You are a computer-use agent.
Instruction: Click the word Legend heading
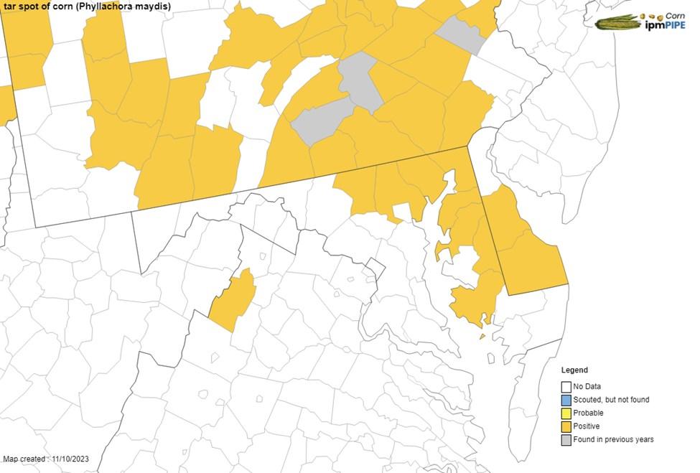(574, 370)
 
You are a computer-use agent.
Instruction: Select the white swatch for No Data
(566, 387)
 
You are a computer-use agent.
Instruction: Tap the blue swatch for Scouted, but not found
(566, 400)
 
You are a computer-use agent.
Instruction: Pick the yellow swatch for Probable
(566, 413)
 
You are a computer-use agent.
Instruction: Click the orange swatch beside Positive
(566, 426)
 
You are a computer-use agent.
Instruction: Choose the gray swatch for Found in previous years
(566, 439)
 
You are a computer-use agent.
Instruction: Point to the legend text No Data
(588, 387)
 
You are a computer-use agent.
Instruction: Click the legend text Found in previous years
(613, 439)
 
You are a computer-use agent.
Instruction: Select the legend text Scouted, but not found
(611, 400)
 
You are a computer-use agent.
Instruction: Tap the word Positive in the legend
(587, 426)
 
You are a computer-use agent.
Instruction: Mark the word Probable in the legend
(588, 413)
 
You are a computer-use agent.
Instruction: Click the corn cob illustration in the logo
(617, 22)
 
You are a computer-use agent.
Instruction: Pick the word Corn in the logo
(675, 15)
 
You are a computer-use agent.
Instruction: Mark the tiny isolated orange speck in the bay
(482, 336)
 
